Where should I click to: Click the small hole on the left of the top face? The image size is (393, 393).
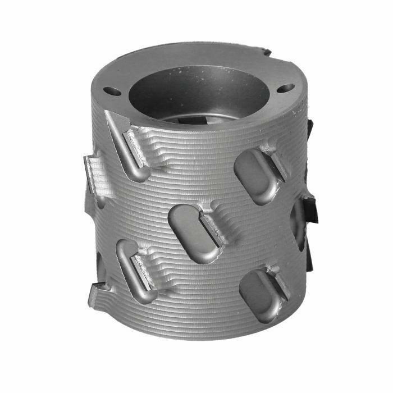tap(113, 92)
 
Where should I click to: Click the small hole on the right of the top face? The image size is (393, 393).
tap(286, 88)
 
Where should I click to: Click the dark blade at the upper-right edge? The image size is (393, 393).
tap(309, 128)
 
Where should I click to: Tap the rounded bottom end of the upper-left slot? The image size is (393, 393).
tap(139, 171)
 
